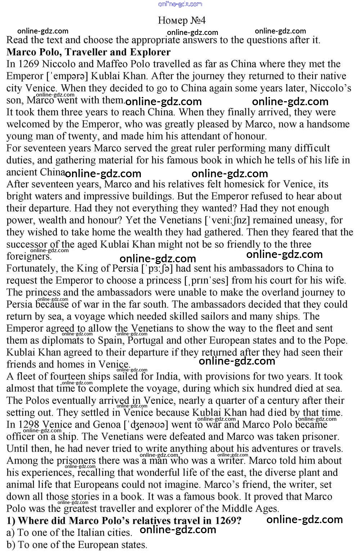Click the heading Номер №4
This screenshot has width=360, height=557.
[x=181, y=20]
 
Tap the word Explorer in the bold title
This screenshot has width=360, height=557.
[x=150, y=52]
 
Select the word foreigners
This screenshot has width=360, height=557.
[x=29, y=257]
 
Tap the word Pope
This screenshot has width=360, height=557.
[x=333, y=340]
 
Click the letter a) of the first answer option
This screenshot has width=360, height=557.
[x=10, y=533]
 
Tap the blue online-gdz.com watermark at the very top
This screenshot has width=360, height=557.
[x=180, y=4]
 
